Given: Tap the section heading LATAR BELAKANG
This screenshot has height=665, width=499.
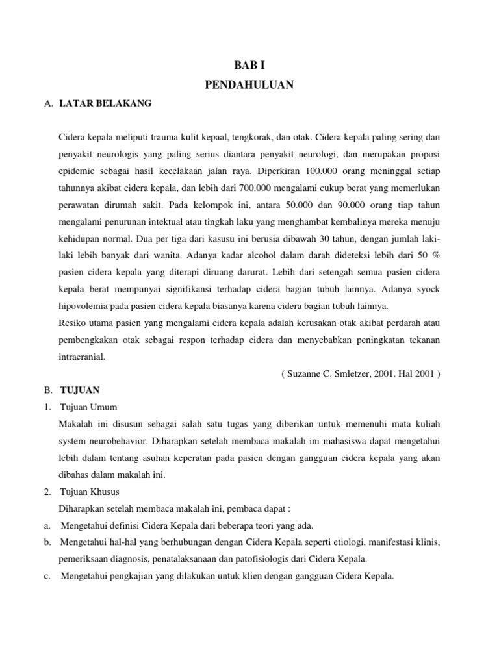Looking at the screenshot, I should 105,103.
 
